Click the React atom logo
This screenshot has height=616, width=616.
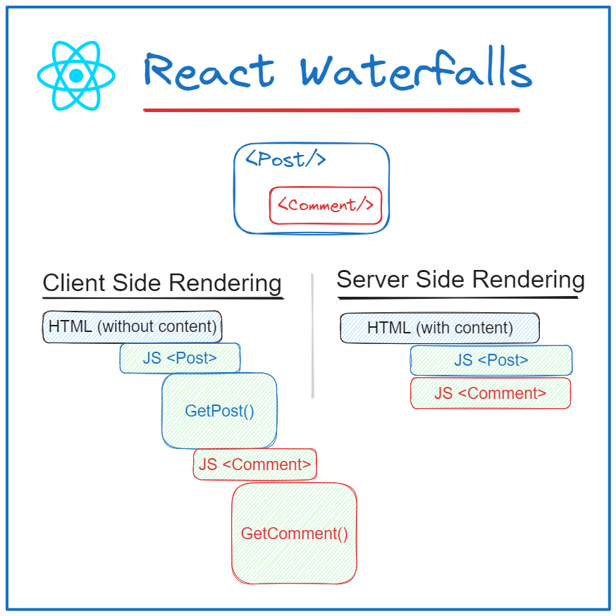click(x=76, y=75)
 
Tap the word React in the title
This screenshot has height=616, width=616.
click(x=209, y=72)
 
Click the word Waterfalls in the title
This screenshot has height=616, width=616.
click(x=414, y=72)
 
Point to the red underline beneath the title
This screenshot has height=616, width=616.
click(x=331, y=110)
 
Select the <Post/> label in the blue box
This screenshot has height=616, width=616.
click(x=285, y=159)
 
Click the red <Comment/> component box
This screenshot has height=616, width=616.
click(x=325, y=205)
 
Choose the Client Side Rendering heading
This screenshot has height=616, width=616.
click(x=162, y=283)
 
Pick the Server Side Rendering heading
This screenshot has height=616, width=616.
click(x=460, y=280)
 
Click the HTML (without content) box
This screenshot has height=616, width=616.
click(x=133, y=327)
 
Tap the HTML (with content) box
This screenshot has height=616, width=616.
click(x=440, y=328)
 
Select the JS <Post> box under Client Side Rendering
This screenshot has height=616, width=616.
click(x=180, y=358)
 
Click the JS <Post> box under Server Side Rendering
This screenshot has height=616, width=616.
click(x=491, y=360)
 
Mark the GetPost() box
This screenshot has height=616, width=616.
click(x=219, y=411)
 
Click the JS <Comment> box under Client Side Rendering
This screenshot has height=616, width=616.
click(x=254, y=464)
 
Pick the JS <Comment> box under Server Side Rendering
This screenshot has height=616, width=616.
click(x=491, y=393)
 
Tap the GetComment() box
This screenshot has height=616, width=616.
click(x=295, y=534)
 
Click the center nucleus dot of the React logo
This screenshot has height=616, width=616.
click(x=76, y=75)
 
